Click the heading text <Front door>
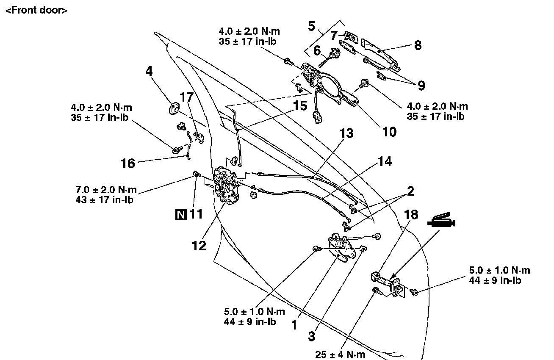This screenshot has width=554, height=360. coord(36,11)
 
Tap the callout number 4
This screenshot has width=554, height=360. coord(149,71)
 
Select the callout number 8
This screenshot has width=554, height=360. coord(417,45)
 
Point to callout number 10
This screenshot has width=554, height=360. coord(389,131)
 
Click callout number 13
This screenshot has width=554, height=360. coord(346,134)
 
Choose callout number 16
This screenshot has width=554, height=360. coord(127,163)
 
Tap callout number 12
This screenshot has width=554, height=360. coord(199,245)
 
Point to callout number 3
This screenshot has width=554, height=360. coord(312,337)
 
